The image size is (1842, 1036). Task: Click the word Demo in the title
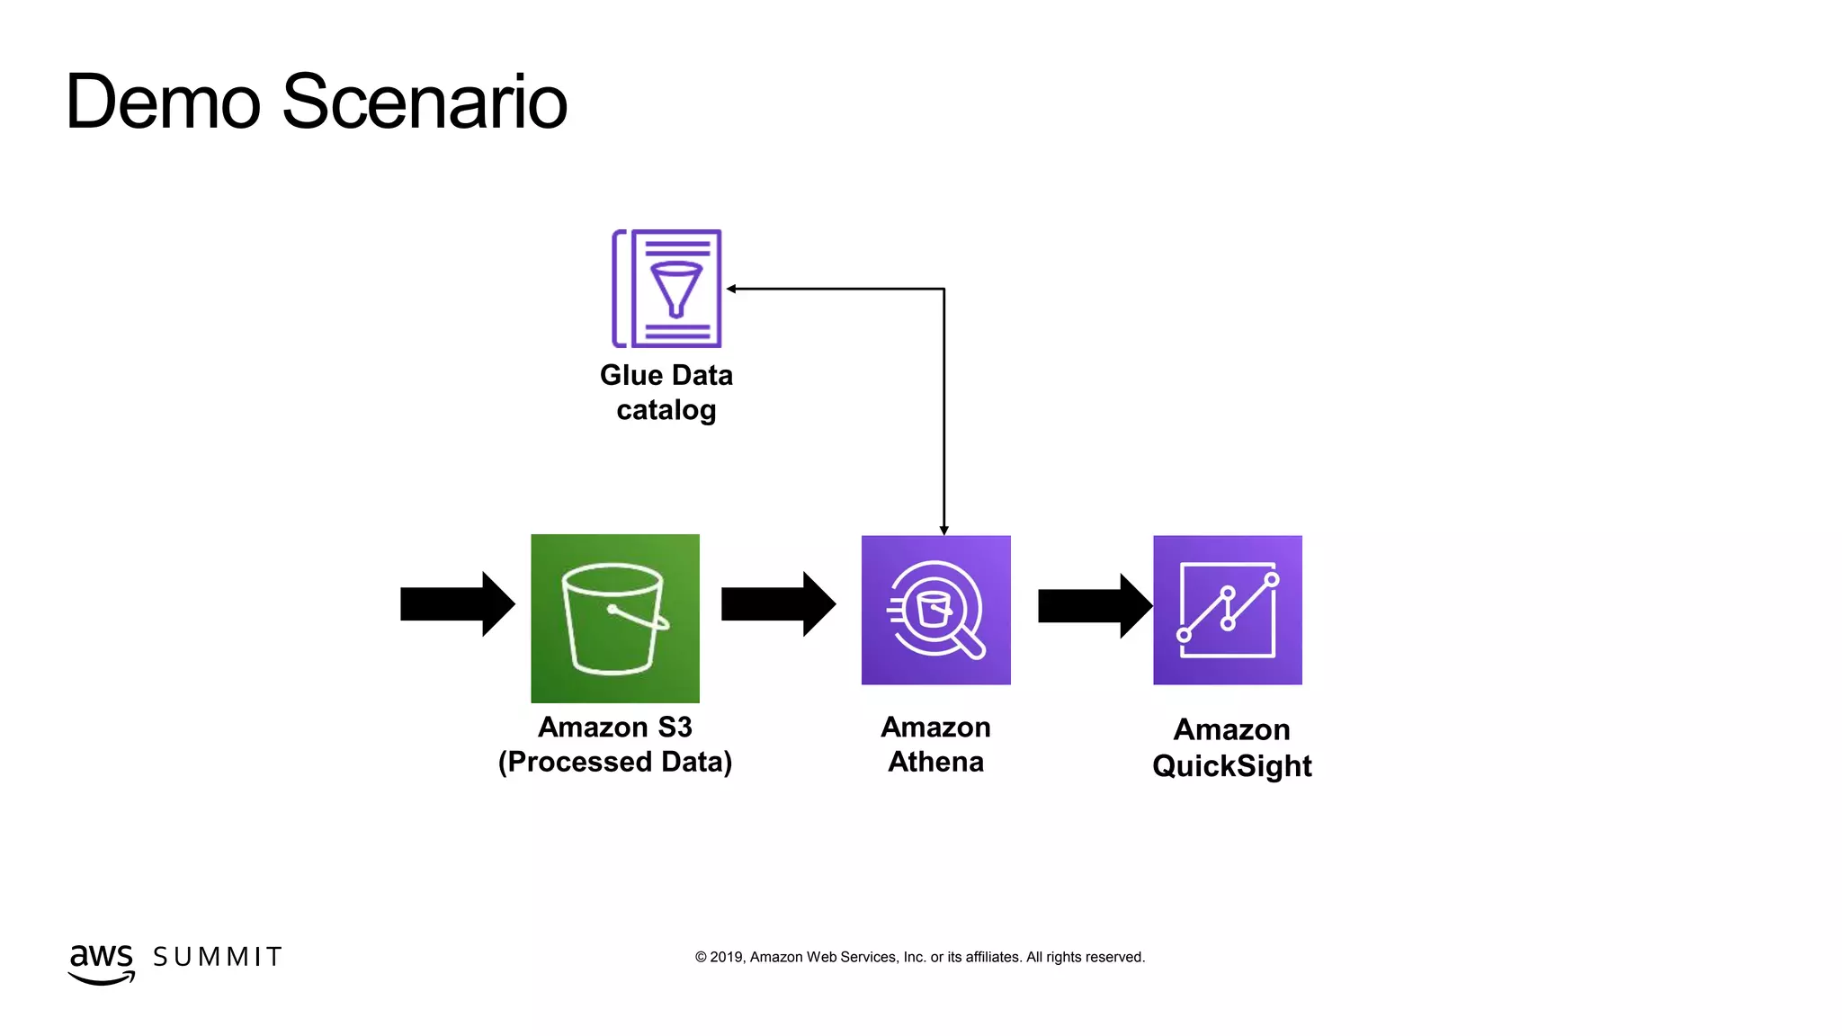163,102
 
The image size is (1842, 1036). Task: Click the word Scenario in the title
425,102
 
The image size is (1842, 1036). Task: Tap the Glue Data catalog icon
666,289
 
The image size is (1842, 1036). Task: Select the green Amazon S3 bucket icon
615,619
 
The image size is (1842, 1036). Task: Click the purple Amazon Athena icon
935,610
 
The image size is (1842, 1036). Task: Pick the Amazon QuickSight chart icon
1228,610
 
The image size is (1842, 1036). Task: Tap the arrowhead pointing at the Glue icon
732,289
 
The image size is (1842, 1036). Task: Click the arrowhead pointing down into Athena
943,530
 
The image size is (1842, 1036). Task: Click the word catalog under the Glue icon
666,410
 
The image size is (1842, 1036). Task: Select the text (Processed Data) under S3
615,762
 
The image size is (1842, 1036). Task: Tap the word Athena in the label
935,762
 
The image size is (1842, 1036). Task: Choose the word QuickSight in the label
1231,766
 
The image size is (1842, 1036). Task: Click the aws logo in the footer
101,961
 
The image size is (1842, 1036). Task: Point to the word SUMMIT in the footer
218,957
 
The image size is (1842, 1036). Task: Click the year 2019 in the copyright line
726,957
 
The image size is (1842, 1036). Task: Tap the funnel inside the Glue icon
675,287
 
